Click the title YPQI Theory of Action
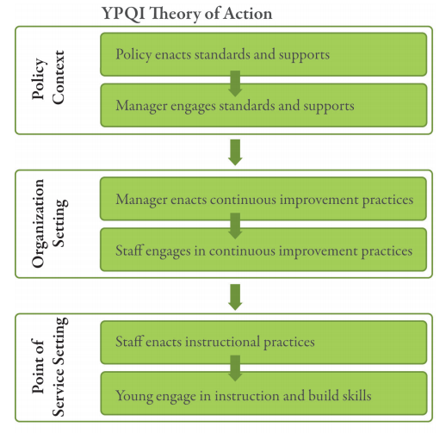(187, 14)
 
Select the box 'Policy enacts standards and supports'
(263, 54)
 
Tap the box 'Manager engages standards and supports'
(263, 105)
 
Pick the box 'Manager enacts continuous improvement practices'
(263, 199)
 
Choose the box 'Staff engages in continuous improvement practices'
(263, 250)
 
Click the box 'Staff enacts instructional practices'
(263, 343)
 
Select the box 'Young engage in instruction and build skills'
(263, 393)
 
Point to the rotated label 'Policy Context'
(48, 77)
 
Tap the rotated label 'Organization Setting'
(49, 224)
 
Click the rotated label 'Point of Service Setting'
(49, 367)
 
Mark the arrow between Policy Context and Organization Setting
(235, 152)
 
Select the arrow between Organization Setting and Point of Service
(235, 297)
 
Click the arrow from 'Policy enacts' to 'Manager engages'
(235, 84)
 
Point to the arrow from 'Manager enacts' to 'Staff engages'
(235, 226)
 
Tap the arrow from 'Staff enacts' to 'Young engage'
(235, 368)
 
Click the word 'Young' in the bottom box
(133, 396)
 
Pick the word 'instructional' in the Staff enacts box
(222, 342)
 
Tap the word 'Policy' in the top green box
(133, 55)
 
